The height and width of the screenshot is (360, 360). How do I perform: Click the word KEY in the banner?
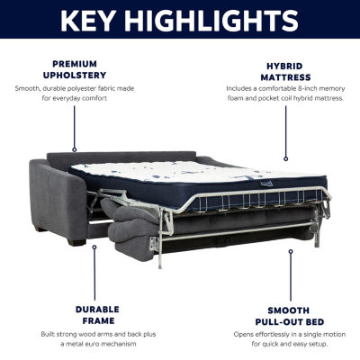click(88, 21)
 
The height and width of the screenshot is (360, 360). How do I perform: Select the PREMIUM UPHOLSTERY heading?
click(75, 69)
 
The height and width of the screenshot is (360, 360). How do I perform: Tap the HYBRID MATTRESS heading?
click(285, 72)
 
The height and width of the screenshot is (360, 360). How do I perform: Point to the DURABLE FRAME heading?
click(97, 315)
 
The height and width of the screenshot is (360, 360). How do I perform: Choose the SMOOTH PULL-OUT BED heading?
click(290, 316)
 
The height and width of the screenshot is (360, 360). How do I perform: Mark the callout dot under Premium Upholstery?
click(75, 149)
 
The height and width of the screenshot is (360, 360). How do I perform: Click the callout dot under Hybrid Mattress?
click(286, 159)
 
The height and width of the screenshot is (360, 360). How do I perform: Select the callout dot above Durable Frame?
click(94, 247)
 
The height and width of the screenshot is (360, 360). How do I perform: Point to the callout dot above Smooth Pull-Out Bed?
click(291, 251)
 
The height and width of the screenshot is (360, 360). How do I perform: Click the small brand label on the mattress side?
click(266, 184)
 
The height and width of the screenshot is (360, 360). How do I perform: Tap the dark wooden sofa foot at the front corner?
click(76, 242)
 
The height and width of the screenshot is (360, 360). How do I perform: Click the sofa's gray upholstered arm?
click(57, 198)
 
